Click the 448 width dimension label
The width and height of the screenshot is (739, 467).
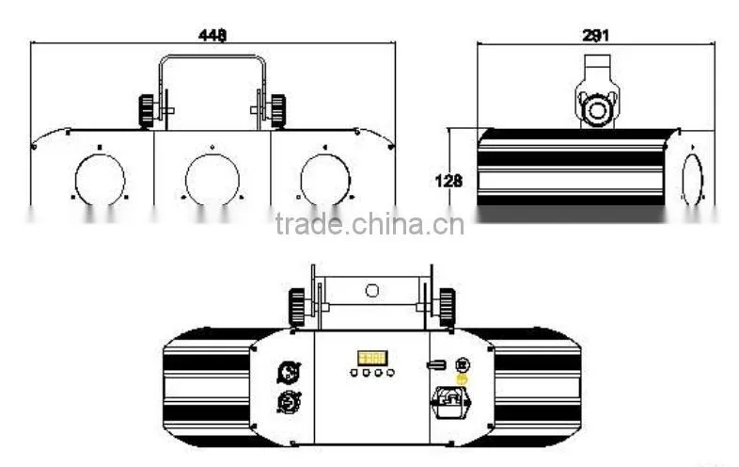click(212, 36)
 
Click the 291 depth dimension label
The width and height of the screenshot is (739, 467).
click(596, 36)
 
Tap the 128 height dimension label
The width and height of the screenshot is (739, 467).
click(448, 181)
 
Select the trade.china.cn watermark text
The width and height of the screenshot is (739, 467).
click(369, 224)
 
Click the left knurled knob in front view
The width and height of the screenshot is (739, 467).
click(146, 111)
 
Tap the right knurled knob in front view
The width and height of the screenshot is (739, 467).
click(278, 111)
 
